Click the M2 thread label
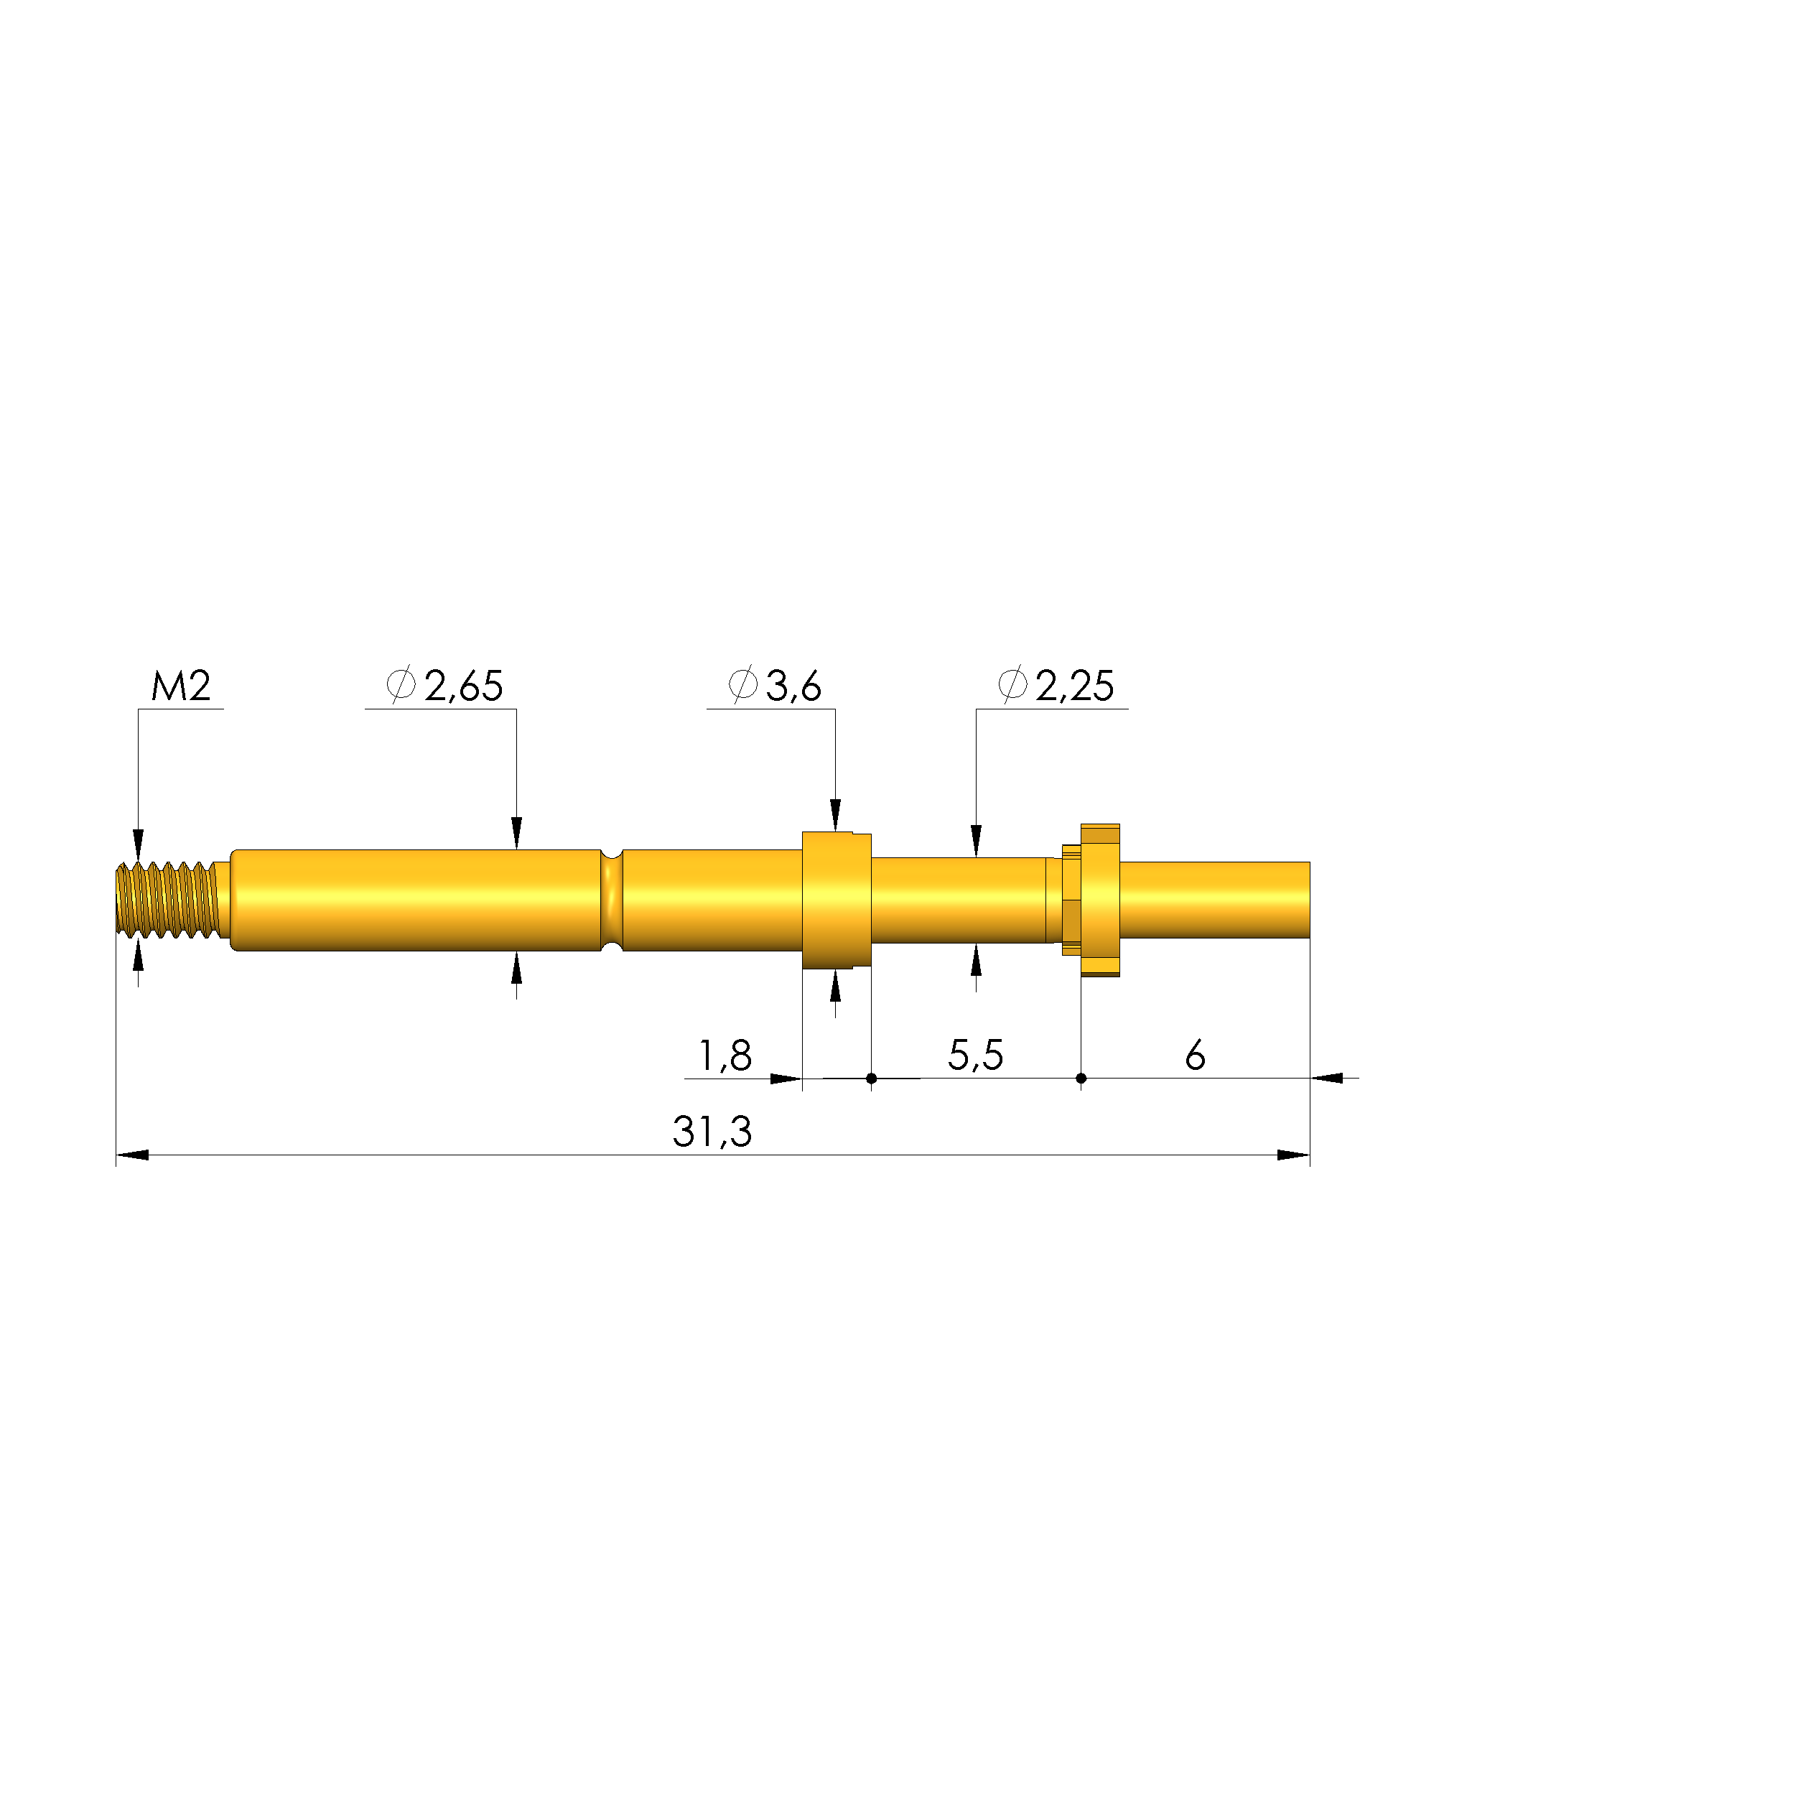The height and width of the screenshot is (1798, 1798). coord(182,686)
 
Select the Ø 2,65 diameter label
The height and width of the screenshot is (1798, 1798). coord(445,686)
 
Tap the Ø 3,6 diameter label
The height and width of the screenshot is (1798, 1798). coord(774,686)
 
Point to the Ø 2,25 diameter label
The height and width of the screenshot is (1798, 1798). coord(1056,686)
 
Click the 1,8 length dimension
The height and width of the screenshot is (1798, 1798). coord(725,1056)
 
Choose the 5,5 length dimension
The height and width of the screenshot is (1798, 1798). coord(975,1056)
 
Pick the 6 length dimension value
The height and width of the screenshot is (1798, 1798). coord(1195,1056)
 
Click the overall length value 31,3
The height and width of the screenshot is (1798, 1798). coord(712,1132)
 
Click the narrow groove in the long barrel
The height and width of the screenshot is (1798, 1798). coord(612,900)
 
